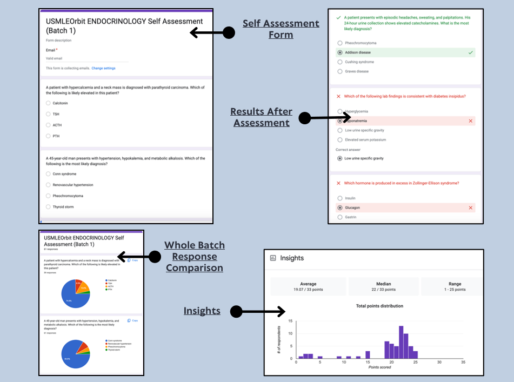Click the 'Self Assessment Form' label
tap(281, 29)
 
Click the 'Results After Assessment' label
tap(262, 117)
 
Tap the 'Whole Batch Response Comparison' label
tap(195, 257)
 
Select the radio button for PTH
tap(48, 136)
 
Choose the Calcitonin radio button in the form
tap(48, 103)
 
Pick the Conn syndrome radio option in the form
tap(48, 174)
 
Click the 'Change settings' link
tap(103, 68)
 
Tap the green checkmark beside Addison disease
tap(471, 52)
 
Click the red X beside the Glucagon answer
tap(471, 207)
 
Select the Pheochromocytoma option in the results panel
tap(340, 43)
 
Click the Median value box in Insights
tap(383, 286)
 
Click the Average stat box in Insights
tap(308, 286)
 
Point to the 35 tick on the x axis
tap(463, 363)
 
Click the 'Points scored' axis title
tap(379, 368)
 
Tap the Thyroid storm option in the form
tap(48, 207)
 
